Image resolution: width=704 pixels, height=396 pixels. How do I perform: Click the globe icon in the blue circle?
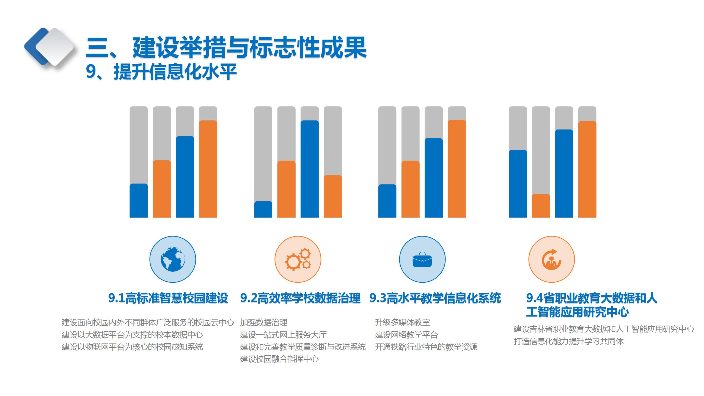(x=173, y=259)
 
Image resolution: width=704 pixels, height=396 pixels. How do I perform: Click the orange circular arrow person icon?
(x=551, y=259)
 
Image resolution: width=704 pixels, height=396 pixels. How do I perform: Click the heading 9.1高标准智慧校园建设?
(x=168, y=298)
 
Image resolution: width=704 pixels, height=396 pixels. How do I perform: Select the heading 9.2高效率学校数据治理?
(x=300, y=298)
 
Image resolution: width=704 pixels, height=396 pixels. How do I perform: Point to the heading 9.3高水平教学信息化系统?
(x=435, y=298)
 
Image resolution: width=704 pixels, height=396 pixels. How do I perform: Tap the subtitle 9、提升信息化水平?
(x=161, y=72)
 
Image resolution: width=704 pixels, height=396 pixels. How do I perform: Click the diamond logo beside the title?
(x=50, y=47)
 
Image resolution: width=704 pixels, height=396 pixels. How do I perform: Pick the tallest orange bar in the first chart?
(x=208, y=169)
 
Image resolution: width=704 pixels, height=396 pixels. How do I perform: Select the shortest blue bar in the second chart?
(x=263, y=209)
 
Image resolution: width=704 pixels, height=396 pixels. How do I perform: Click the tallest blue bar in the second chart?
(x=310, y=169)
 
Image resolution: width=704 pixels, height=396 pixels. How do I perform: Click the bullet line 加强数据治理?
(x=263, y=322)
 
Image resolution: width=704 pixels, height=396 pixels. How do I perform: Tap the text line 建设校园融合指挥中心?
(x=279, y=359)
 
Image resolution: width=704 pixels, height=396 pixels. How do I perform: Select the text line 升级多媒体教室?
(x=402, y=322)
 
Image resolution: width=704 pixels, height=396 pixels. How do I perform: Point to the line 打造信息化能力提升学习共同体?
(x=568, y=341)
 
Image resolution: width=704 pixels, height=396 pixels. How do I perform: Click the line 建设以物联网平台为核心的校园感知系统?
(x=132, y=347)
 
